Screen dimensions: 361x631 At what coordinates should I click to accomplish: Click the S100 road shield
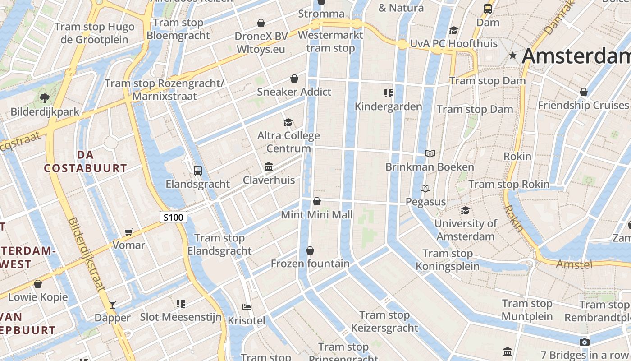click(174, 218)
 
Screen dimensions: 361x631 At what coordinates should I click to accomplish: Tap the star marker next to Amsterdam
click(512, 56)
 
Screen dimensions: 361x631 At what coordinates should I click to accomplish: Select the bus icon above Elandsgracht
click(197, 170)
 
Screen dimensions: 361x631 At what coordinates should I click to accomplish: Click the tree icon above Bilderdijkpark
click(44, 97)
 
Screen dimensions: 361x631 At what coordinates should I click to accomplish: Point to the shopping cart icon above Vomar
click(129, 232)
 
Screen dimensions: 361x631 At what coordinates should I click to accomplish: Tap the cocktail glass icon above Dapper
click(113, 304)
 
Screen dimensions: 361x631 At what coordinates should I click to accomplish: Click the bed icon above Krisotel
click(247, 307)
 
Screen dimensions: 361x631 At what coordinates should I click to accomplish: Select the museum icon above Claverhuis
click(269, 167)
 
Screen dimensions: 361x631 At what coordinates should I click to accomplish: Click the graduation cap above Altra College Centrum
click(288, 122)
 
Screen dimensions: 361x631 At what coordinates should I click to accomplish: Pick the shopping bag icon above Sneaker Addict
click(294, 79)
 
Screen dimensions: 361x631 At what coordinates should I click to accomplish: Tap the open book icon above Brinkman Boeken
click(430, 154)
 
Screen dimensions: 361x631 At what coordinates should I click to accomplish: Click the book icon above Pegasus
click(425, 188)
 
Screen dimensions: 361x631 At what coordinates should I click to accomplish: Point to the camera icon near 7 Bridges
click(585, 342)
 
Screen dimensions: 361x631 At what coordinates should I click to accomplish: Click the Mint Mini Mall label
click(316, 215)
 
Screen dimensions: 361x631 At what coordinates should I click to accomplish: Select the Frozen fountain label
click(310, 264)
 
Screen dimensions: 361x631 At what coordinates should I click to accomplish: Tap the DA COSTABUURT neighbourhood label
click(85, 162)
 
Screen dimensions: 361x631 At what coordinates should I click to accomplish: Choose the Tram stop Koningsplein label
click(447, 260)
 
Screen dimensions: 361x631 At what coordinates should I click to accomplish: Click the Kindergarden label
click(388, 106)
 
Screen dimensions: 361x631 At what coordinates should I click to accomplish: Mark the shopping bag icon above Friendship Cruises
click(584, 92)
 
